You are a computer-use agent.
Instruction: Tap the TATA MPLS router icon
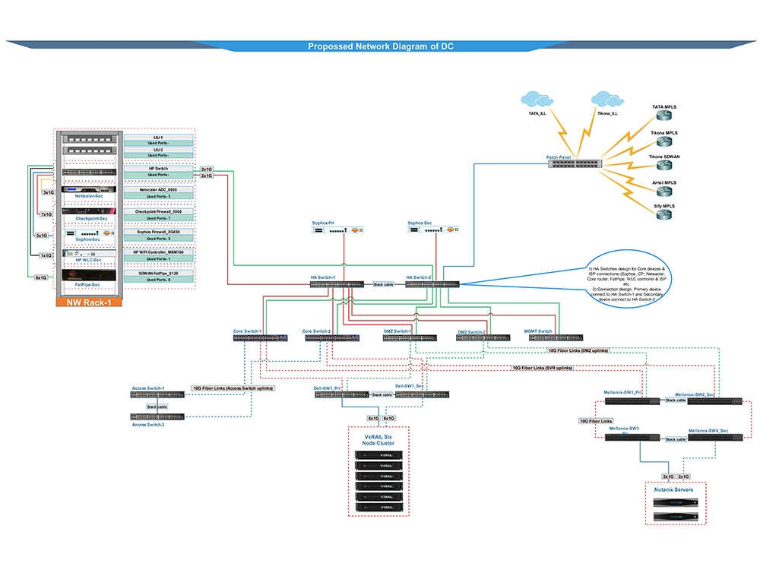[x=665, y=119]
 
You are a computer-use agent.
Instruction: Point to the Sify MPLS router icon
[x=665, y=216]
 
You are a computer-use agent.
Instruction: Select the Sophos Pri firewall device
[x=335, y=231]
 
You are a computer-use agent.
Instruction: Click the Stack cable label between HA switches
[x=384, y=284]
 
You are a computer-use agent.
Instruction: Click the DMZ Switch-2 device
[x=482, y=337]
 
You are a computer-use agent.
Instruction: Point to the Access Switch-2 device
[x=157, y=416]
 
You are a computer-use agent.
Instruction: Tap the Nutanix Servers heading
[x=674, y=490]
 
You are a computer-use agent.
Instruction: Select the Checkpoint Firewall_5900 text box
[x=158, y=211]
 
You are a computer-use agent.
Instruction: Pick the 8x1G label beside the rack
[x=40, y=277]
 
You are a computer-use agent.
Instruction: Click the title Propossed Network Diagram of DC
[x=381, y=46]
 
